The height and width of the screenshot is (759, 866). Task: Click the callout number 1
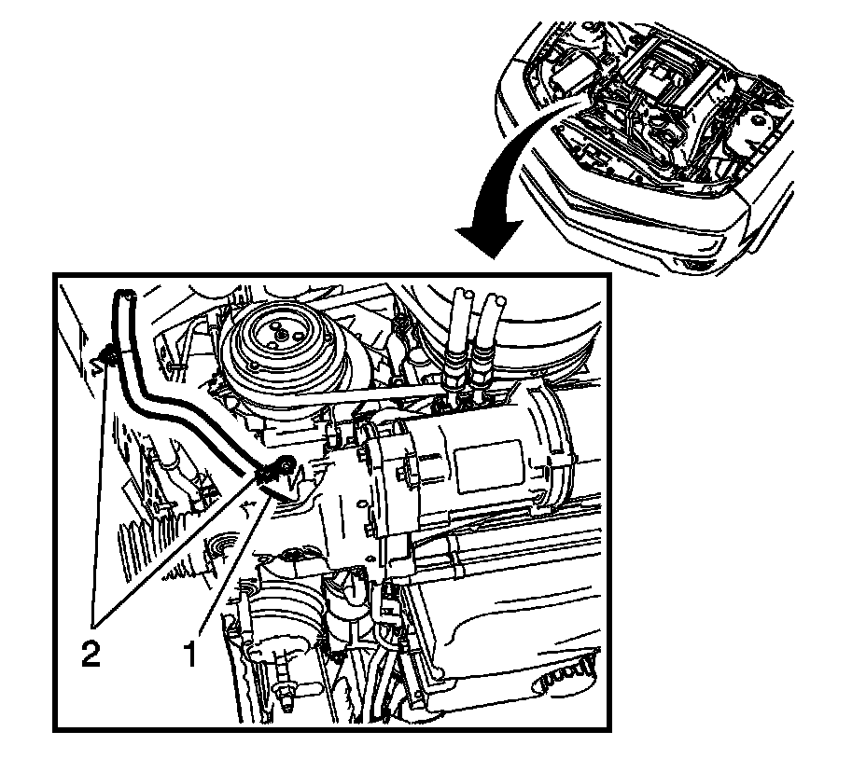190,655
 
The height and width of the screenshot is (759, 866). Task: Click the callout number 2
91,655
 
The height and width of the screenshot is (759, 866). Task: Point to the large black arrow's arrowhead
489,239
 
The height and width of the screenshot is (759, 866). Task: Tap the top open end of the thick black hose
124,294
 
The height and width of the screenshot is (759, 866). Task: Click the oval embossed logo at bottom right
564,678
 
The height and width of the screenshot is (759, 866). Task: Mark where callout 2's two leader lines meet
94,628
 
